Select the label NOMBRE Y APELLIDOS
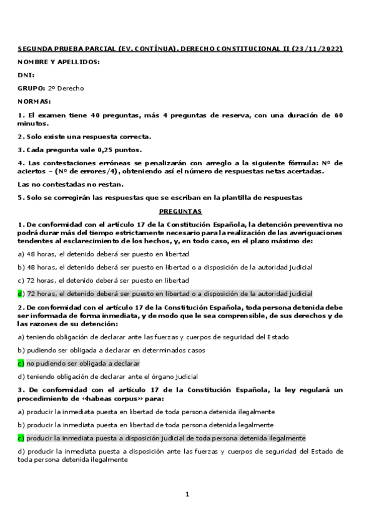click(59, 62)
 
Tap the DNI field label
click(26, 75)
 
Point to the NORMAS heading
click(34, 101)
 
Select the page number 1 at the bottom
click(187, 494)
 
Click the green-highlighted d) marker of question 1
click(21, 293)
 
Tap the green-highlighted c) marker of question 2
click(21, 363)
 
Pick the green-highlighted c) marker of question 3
click(21, 438)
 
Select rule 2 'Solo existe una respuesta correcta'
click(84, 137)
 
